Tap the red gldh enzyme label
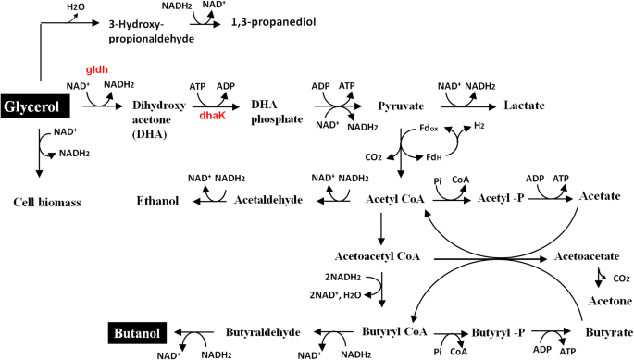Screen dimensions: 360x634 (x=97, y=69)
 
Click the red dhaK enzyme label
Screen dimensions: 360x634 (x=213, y=117)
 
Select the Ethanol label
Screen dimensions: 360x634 (x=158, y=198)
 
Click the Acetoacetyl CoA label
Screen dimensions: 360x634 (x=381, y=255)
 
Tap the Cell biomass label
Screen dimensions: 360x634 (x=44, y=202)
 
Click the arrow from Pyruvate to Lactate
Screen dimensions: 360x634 (x=473, y=106)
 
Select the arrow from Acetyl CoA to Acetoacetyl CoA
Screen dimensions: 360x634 (x=381, y=228)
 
